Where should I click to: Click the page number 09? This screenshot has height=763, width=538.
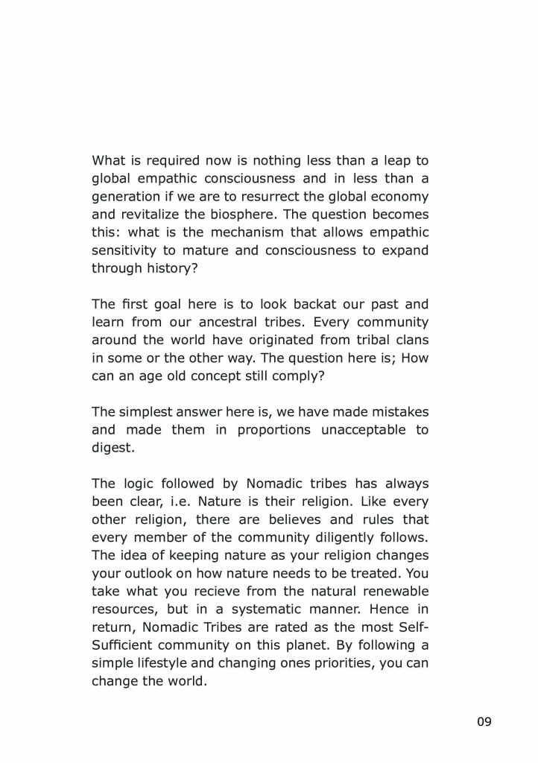[x=484, y=721]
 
